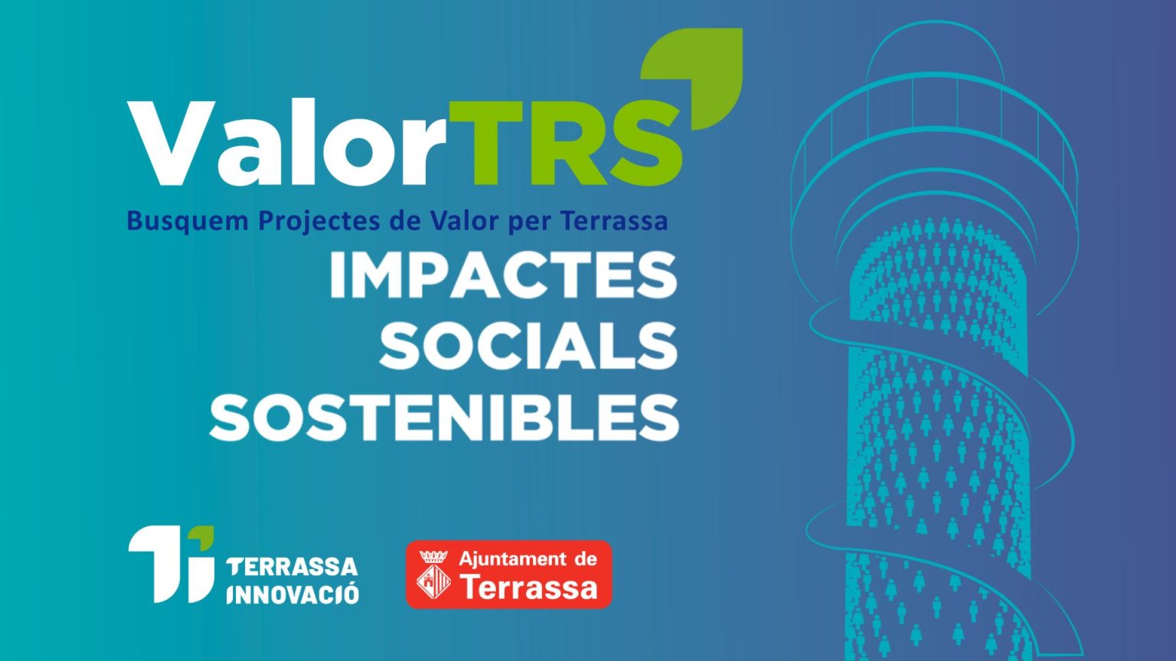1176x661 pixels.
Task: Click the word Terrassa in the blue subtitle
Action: [x=614, y=221]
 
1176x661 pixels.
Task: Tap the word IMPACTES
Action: [x=503, y=275]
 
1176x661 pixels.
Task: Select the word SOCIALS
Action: [x=528, y=346]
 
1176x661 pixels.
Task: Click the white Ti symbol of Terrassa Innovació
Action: [x=171, y=566]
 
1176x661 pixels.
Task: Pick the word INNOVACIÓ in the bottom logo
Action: [x=293, y=594]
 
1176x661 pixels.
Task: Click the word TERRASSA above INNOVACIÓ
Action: [x=292, y=567]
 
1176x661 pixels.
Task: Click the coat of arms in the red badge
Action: [x=433, y=581]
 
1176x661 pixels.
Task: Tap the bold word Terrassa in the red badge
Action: [x=529, y=587]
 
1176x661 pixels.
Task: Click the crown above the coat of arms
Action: [x=433, y=556]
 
